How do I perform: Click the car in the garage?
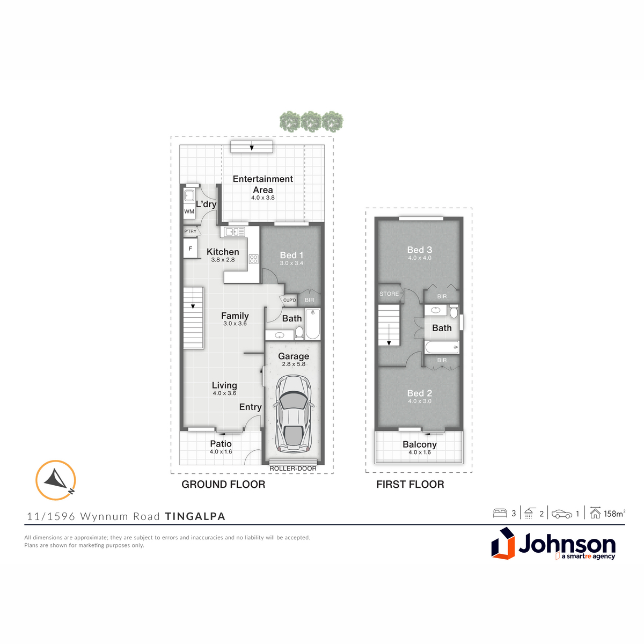click(293, 414)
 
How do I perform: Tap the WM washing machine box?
click(189, 211)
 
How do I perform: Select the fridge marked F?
click(191, 248)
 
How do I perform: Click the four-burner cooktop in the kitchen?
click(253, 259)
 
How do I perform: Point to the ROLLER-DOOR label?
click(293, 469)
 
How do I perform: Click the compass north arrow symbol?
click(56, 480)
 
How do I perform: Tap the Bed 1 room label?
click(291, 255)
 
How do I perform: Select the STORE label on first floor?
click(389, 294)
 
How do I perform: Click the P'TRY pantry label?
click(191, 231)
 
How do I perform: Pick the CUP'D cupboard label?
click(289, 300)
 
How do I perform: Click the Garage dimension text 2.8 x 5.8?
click(294, 364)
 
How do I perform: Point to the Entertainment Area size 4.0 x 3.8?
click(262, 197)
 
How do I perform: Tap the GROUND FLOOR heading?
click(223, 484)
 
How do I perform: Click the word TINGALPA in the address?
click(195, 516)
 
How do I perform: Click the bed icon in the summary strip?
click(500, 514)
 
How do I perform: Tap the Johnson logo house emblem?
click(503, 544)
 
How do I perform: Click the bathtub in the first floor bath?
click(442, 347)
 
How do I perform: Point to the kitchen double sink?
click(235, 231)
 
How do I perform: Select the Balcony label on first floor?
click(420, 444)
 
